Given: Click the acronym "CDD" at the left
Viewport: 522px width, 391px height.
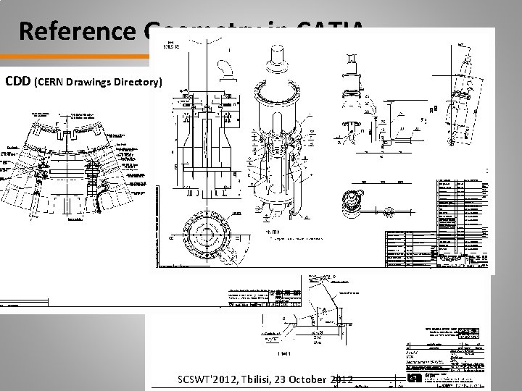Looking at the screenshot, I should [18, 82].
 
